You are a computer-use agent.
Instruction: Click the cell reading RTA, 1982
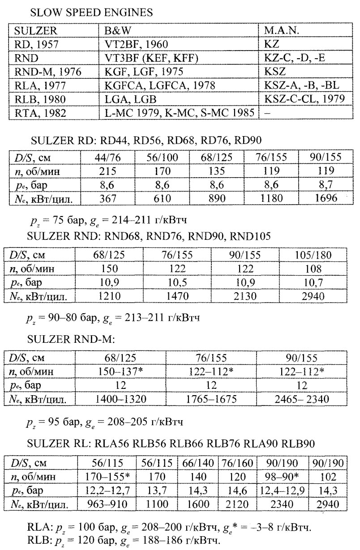point(37,112)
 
